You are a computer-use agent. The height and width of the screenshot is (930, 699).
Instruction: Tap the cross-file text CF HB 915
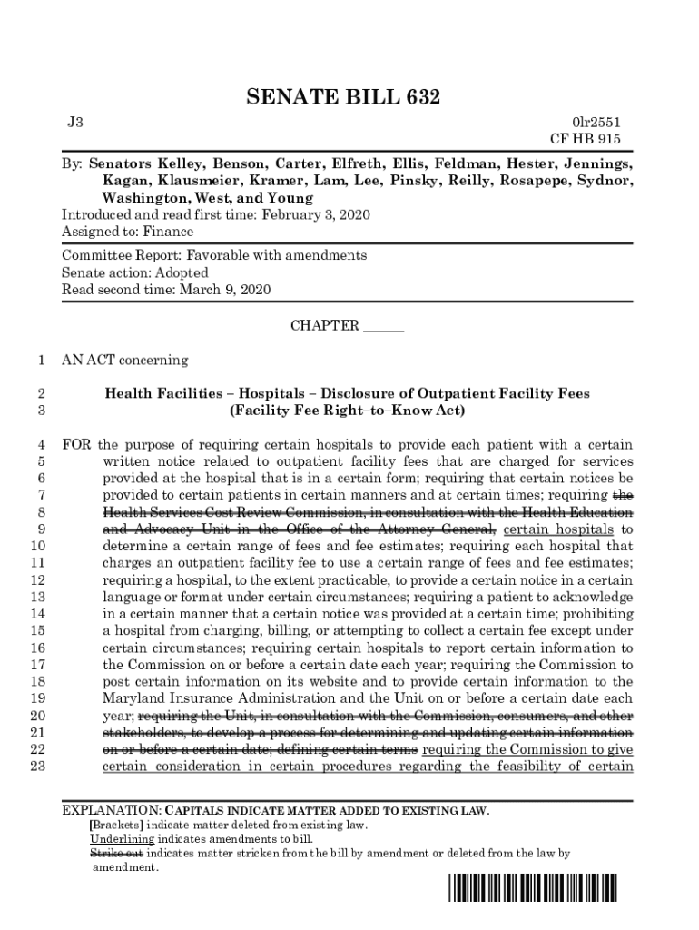click(x=586, y=139)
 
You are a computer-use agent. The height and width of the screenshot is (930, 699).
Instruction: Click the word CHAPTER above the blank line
click(x=324, y=325)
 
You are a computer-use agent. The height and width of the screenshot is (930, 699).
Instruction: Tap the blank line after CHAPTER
click(x=383, y=327)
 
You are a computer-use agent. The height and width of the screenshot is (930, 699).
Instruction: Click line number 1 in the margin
click(x=41, y=360)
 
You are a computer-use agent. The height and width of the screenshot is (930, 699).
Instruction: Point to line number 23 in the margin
click(x=37, y=767)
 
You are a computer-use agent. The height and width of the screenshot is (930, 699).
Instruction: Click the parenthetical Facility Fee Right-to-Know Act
click(x=348, y=411)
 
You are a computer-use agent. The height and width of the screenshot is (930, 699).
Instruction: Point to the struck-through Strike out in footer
click(x=115, y=854)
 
